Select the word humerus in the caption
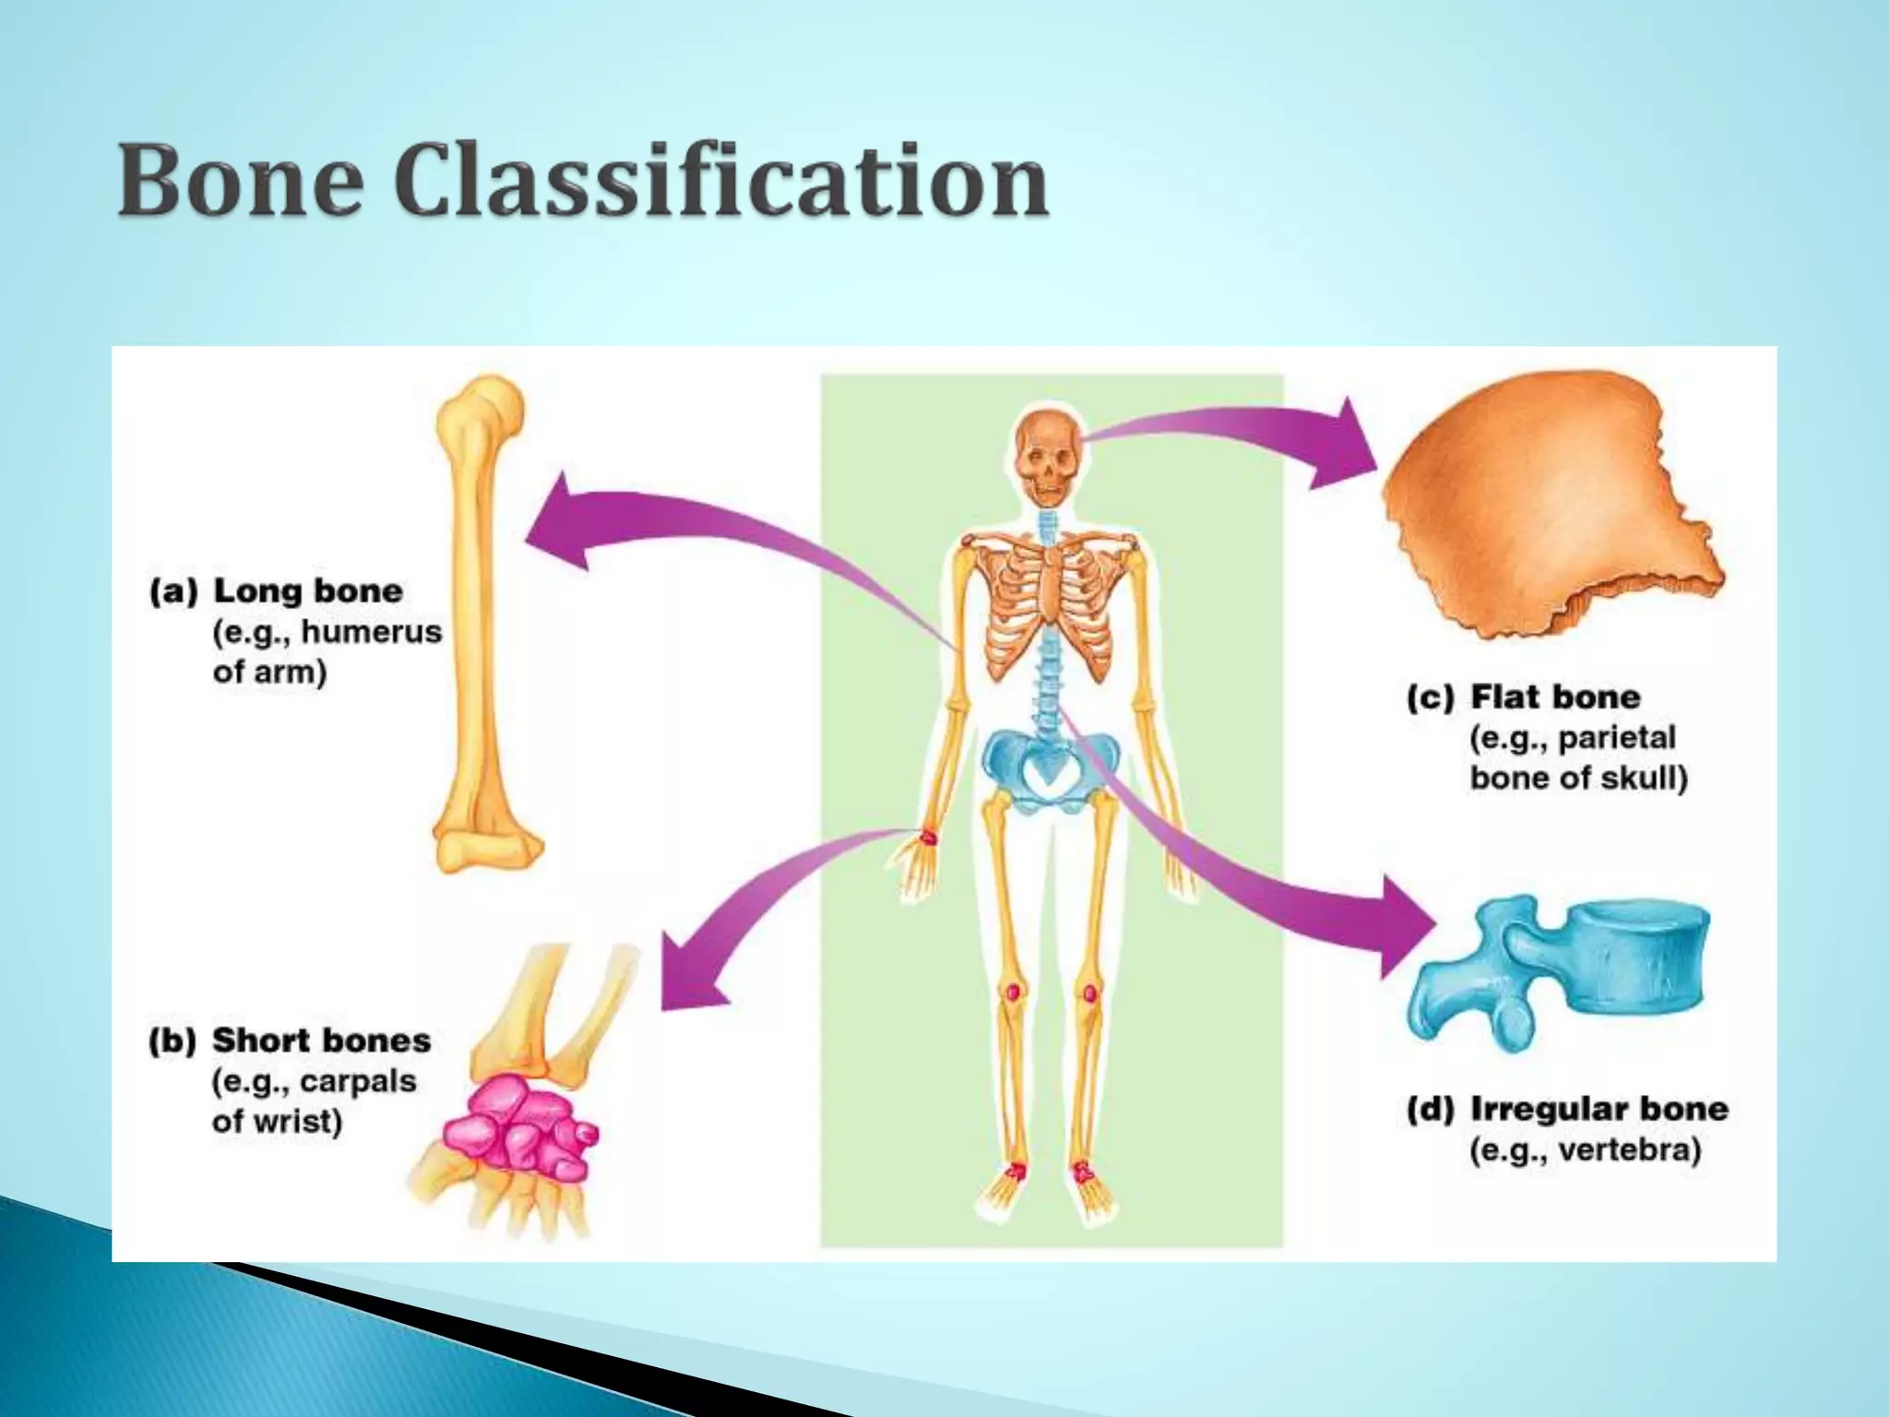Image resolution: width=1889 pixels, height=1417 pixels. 372,632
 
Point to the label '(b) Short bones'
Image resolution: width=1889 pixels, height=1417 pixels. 290,1041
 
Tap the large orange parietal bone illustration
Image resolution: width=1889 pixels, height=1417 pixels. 1550,503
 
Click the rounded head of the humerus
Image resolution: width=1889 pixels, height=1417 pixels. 483,406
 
